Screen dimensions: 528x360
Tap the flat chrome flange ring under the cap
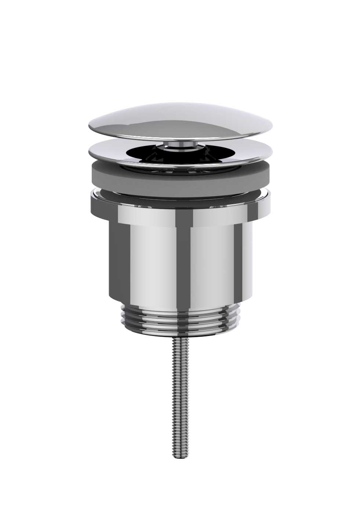[x=110, y=152]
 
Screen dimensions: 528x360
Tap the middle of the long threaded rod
[x=179, y=397]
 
